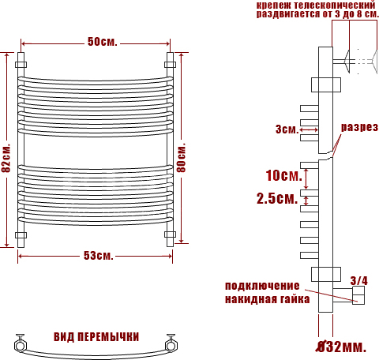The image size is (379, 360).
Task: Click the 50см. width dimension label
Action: tap(102, 42)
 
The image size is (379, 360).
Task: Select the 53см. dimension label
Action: tap(99, 256)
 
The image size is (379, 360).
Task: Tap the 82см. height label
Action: tap(6, 158)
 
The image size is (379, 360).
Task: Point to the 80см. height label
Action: tap(181, 157)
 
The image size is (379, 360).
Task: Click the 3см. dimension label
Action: tap(287, 129)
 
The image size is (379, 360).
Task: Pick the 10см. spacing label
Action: tap(284, 175)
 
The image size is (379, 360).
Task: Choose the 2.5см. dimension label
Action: tap(277, 198)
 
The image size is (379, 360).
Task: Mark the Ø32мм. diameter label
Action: tap(341, 347)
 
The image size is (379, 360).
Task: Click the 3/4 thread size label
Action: tap(358, 281)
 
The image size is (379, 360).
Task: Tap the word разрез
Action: tap(359, 127)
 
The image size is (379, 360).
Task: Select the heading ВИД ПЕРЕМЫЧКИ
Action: tap(96, 337)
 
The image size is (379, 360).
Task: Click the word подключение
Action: tap(262, 286)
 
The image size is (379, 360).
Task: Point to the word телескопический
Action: tap(334, 5)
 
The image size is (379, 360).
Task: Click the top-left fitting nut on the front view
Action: tap(21, 65)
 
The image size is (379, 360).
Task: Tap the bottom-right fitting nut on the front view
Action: tap(171, 234)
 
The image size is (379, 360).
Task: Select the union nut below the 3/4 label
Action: tap(358, 295)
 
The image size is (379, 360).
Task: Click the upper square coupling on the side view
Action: tap(326, 84)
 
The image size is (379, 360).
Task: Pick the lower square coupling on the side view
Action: tap(326, 274)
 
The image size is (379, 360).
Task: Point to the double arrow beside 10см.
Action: tap(306, 178)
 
